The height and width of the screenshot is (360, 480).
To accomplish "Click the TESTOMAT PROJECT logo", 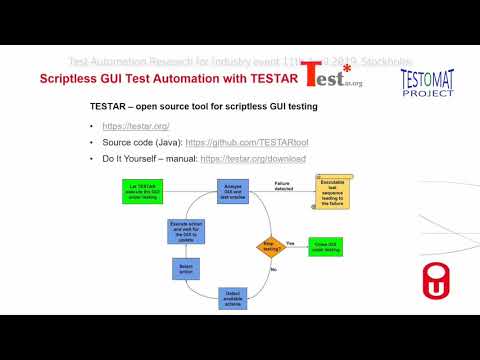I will point(427,85).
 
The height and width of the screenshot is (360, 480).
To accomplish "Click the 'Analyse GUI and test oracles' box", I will point(231,191).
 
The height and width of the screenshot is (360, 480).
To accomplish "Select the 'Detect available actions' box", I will point(232,296).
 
